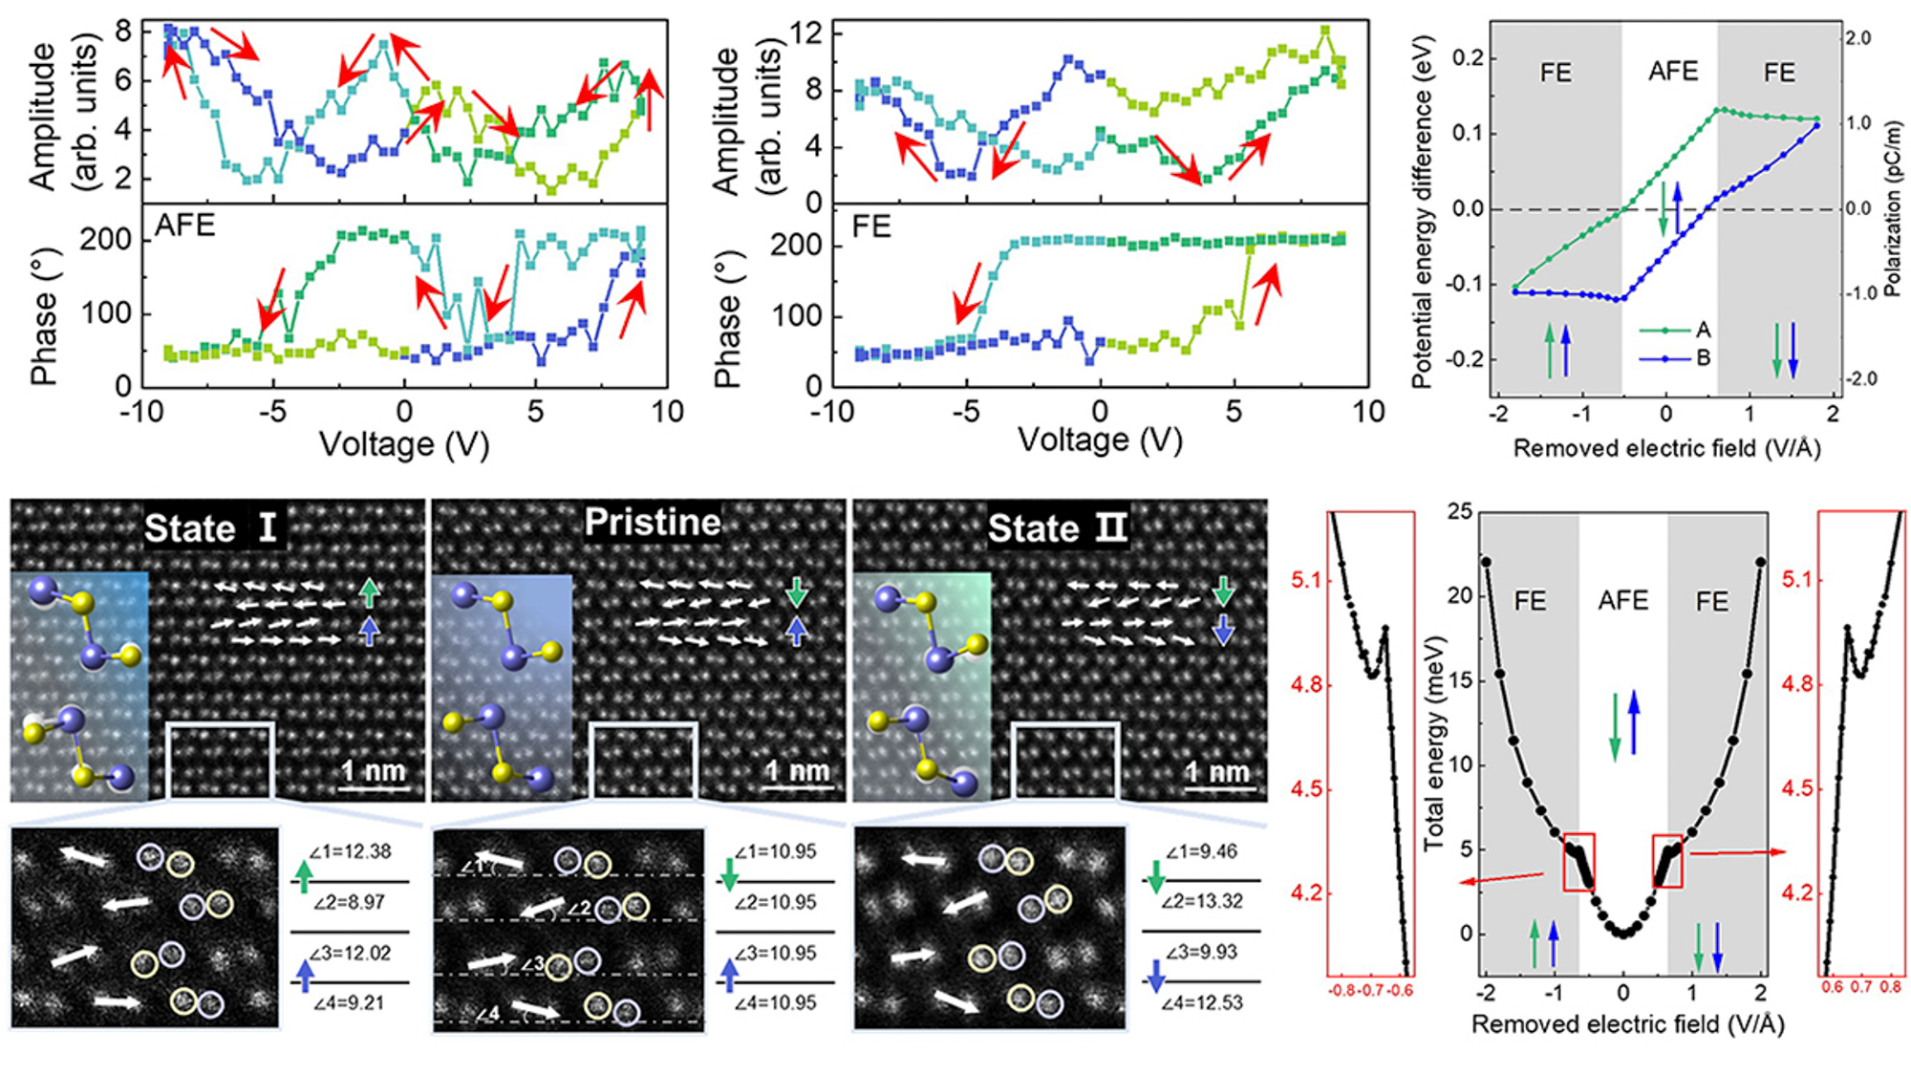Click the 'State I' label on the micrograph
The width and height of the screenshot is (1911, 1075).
[x=210, y=527]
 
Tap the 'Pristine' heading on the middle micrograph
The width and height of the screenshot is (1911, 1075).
[x=653, y=522]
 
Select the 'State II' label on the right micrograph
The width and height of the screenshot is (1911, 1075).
[x=1057, y=527]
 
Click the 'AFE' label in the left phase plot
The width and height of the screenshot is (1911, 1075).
[x=185, y=226]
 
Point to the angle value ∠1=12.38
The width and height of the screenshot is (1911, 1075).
[x=350, y=851]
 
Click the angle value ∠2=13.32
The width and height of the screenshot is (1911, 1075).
[x=1202, y=901]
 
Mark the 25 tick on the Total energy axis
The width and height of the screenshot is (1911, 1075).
[x=1460, y=511]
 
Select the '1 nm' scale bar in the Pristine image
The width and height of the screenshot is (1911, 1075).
[x=797, y=772]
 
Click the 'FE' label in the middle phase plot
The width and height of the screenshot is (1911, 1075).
[x=871, y=226]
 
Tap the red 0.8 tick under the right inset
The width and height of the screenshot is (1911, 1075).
[x=1890, y=987]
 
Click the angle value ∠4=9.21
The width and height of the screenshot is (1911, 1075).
[x=350, y=1003]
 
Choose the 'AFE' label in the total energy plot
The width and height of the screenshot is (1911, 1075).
[x=1623, y=600]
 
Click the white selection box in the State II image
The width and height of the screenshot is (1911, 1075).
[x=1065, y=761]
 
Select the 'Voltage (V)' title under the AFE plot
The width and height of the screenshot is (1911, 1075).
[x=404, y=444]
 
